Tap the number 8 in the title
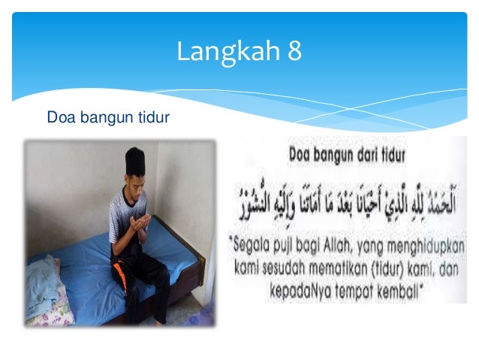294,52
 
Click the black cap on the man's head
135,159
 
